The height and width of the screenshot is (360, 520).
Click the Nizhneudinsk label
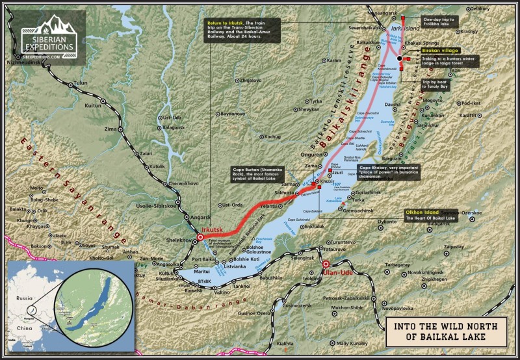pos(28,62)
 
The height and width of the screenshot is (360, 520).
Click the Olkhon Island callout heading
pos(423,212)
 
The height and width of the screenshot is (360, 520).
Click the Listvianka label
pos(235,267)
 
